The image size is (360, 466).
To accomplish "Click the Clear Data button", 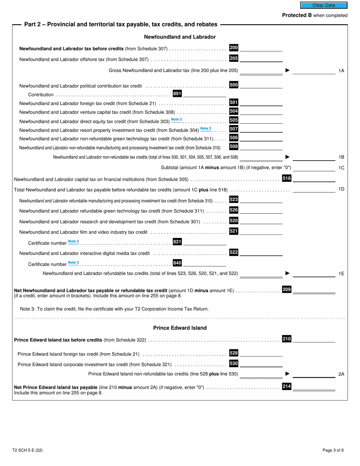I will pyautogui.click(x=324, y=5).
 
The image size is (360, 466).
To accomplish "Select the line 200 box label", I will pyautogui.click(x=234, y=48).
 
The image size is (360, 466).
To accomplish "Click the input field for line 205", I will pyautogui.click(x=261, y=59).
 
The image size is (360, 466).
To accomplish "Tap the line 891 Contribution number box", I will pyautogui.click(x=177, y=94).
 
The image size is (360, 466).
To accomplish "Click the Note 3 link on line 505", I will pyautogui.click(x=176, y=120).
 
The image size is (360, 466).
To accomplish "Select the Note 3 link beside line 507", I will pyautogui.click(x=206, y=129).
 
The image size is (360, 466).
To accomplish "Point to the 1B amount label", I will pyautogui.click(x=341, y=157).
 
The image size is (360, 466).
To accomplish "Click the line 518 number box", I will pyautogui.click(x=287, y=178).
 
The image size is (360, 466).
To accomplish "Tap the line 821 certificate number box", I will pyautogui.click(x=177, y=242).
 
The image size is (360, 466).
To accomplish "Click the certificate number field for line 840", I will pyautogui.click(x=204, y=263).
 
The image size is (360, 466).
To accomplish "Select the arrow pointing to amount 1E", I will pyautogui.click(x=287, y=273).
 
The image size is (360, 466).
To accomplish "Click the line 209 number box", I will pyautogui.click(x=287, y=290).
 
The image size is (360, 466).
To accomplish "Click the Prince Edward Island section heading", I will pyautogui.click(x=180, y=328).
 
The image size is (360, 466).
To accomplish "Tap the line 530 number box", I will pyautogui.click(x=234, y=364).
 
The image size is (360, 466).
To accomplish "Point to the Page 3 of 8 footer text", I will pyautogui.click(x=333, y=450).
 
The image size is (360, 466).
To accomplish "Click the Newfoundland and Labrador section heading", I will pyautogui.click(x=180, y=37).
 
